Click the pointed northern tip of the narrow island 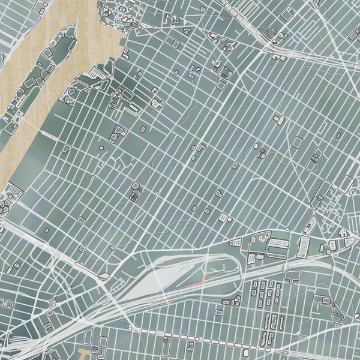click(76, 23)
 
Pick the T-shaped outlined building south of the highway click(293, 276)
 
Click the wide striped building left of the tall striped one click(277, 245)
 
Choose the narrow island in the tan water click(42, 84)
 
